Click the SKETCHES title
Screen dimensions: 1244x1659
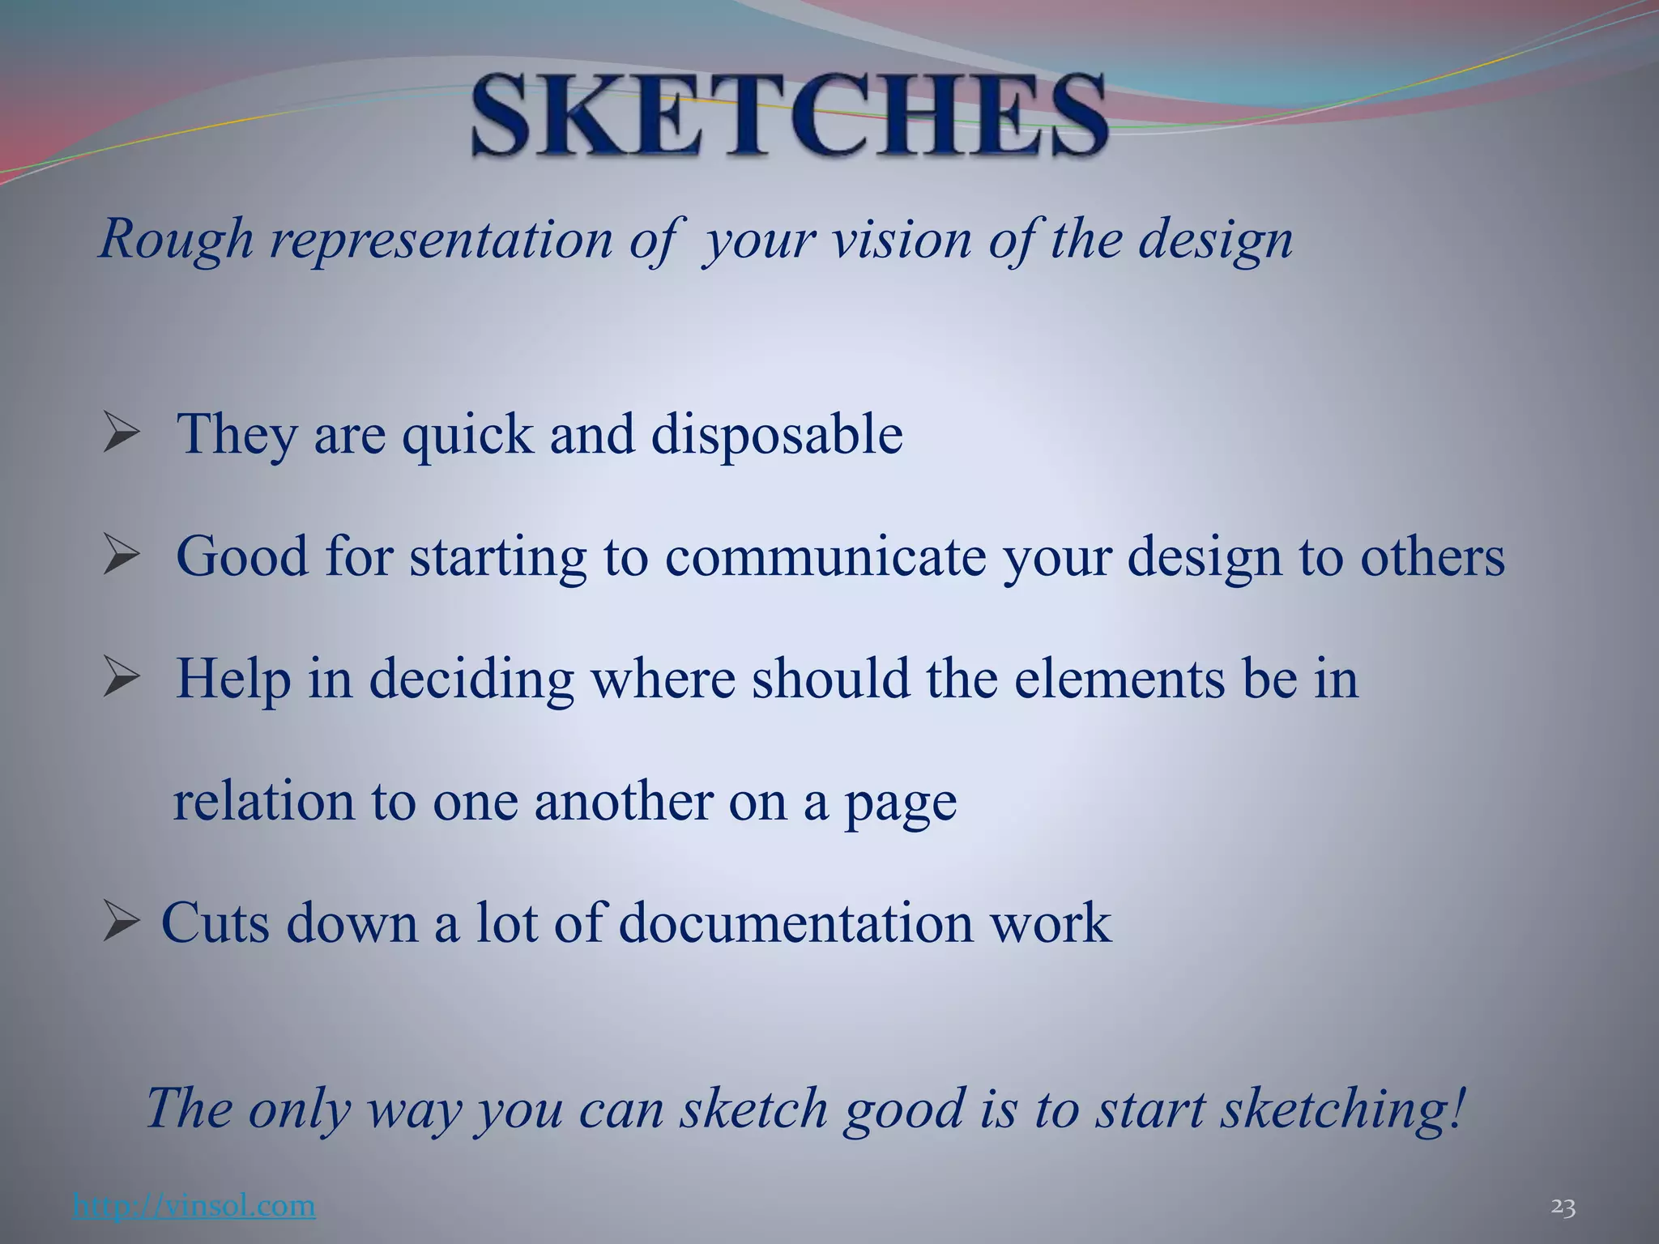(789, 116)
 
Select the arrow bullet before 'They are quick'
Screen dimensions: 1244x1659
(122, 434)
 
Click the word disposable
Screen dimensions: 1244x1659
(777, 435)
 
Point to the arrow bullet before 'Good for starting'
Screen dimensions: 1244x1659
(122, 556)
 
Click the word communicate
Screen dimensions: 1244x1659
(825, 556)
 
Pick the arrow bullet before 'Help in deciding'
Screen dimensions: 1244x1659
(122, 679)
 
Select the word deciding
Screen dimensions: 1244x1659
(471, 679)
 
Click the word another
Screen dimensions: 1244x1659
(622, 802)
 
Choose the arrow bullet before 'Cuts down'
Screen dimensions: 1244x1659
(122, 923)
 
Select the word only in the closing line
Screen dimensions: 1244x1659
(299, 1109)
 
